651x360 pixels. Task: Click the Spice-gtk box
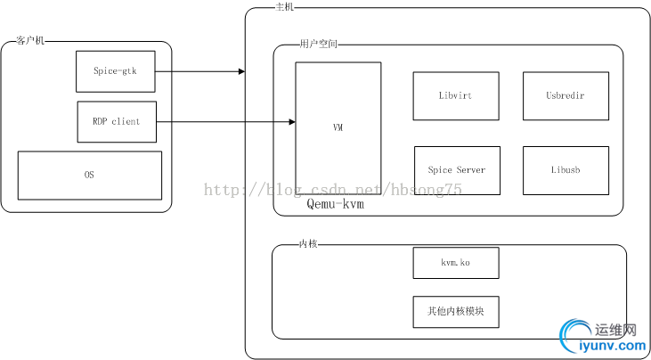(116, 71)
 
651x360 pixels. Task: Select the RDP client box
(116, 121)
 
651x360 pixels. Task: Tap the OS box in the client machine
(90, 175)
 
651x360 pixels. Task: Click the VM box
(338, 128)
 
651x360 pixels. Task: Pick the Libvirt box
(456, 95)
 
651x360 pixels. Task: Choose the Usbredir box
(566, 95)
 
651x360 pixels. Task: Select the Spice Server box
(457, 170)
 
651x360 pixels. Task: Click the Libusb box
(566, 170)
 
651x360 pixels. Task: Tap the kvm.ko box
(455, 263)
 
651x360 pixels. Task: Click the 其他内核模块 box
(455, 312)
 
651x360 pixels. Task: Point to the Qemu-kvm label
(336, 204)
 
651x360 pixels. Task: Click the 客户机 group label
(31, 41)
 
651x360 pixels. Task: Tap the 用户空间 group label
(319, 44)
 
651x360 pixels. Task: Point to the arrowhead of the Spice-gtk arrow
(241, 71)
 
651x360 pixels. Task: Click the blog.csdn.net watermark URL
(334, 189)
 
